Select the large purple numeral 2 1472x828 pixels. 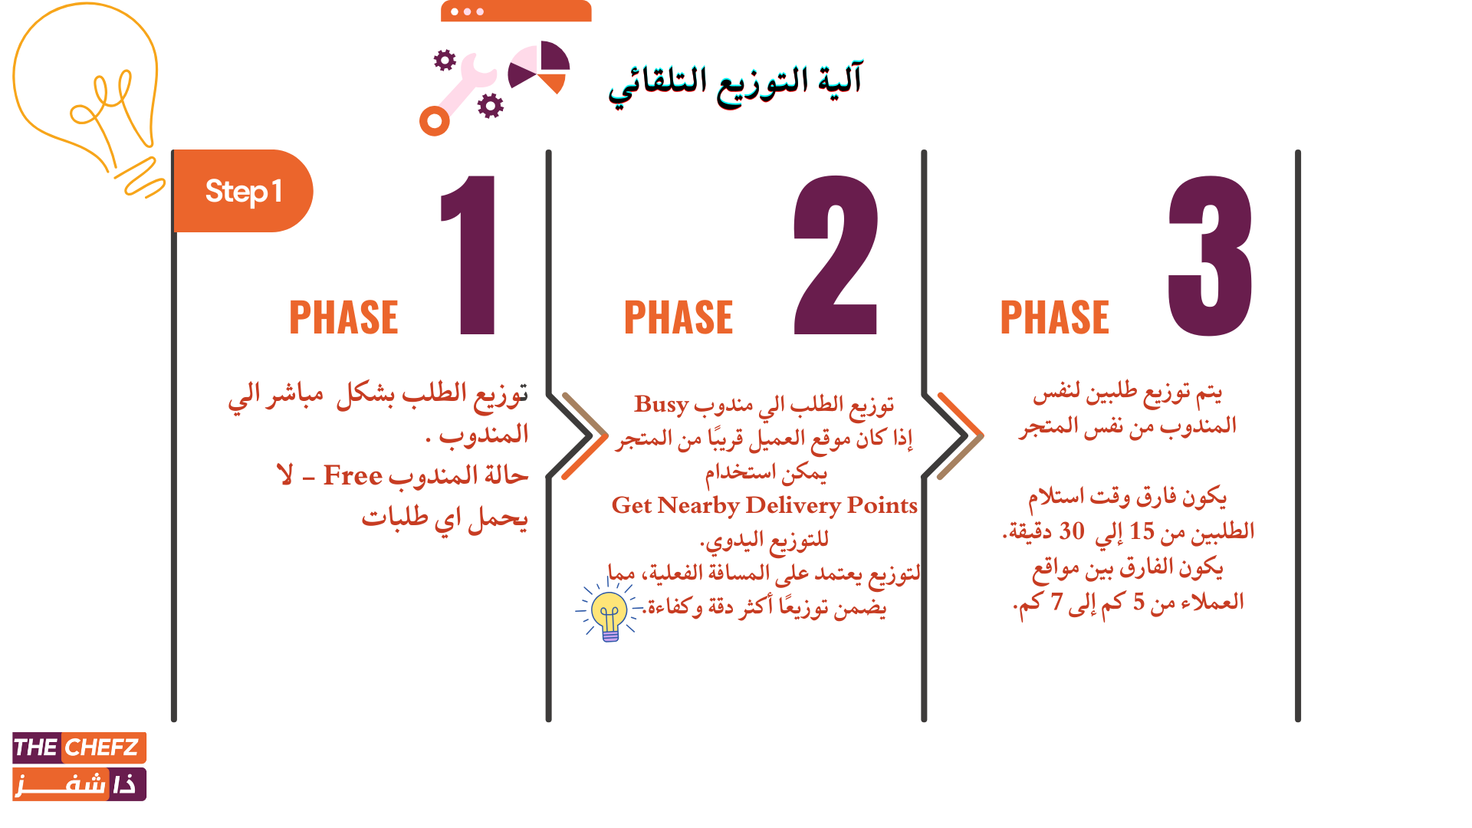pos(836,255)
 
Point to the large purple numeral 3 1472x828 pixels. pos(1210,255)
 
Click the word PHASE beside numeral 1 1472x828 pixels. pos(343,317)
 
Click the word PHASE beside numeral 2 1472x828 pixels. pos(678,317)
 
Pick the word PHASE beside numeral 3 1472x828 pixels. pos(1055,317)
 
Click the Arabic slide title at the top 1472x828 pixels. pos(736,84)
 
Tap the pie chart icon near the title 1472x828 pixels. pos(539,67)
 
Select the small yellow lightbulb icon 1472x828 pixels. pos(610,612)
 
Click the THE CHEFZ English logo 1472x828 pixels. pos(79,747)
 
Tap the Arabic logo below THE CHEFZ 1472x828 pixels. pos(79,784)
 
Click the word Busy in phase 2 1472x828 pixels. pos(661,404)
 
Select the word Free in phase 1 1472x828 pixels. pos(353,475)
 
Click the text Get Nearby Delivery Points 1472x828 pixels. pos(764,506)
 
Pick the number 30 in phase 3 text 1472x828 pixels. pos(1072,531)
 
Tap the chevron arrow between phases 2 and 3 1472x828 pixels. pos(953,435)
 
